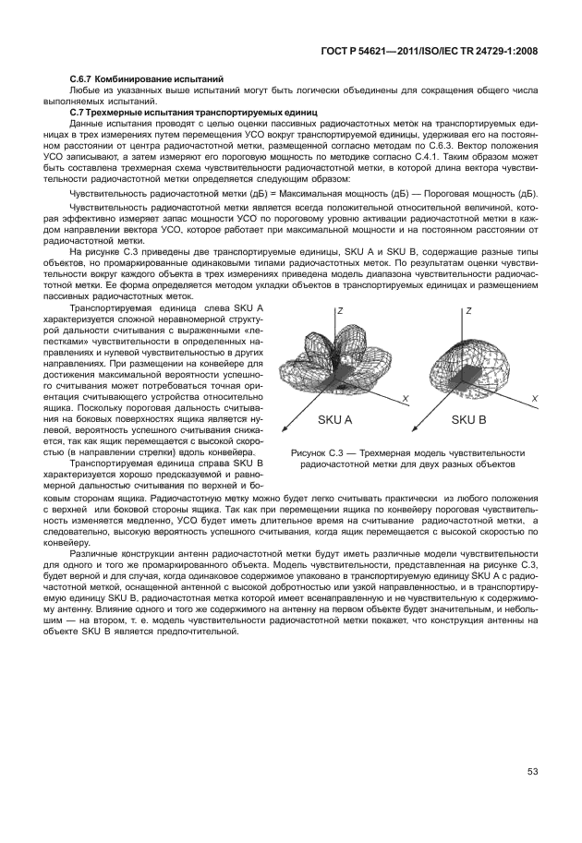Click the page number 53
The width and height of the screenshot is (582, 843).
533,772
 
